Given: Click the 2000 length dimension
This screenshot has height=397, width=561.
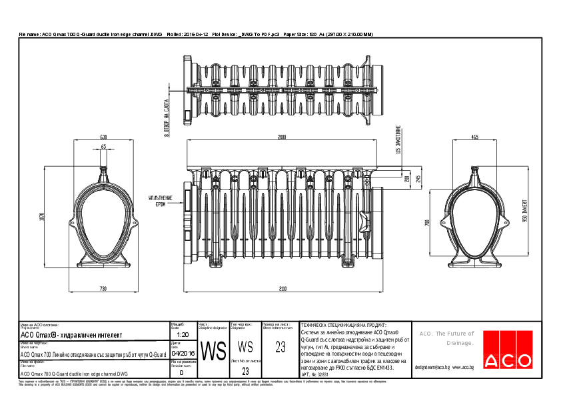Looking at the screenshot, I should point(282,137).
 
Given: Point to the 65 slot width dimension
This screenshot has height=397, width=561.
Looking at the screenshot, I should point(103,147).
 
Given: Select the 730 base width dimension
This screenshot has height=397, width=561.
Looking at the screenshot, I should point(103,289).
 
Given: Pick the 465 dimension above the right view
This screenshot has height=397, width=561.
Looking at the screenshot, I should point(474,137).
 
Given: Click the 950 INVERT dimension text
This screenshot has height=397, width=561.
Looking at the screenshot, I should point(525,213).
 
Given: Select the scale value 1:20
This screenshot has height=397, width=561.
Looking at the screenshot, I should point(184,334).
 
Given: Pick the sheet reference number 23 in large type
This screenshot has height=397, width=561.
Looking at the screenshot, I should point(280,346).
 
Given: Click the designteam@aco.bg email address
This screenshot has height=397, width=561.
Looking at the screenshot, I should point(432,367).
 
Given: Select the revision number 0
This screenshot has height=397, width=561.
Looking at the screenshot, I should point(181,372).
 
